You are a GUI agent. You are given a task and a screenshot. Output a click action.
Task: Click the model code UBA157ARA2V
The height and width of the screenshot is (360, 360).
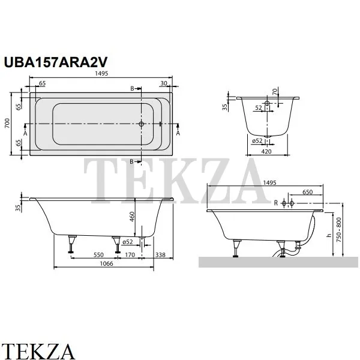[x=56, y=62]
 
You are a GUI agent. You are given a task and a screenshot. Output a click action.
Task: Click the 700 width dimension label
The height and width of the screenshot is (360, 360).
[x=8, y=123]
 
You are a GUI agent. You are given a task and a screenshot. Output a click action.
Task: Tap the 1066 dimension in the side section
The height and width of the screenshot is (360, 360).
[x=107, y=263]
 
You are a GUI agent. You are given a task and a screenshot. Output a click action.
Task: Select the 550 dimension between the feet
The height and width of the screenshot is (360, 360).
[x=98, y=255]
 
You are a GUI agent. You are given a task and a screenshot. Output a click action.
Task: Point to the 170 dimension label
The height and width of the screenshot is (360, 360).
[x=130, y=255]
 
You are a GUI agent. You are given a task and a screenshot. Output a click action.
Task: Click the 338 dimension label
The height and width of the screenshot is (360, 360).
[x=160, y=255]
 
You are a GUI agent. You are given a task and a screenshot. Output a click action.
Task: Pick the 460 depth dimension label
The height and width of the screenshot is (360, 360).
[x=132, y=217]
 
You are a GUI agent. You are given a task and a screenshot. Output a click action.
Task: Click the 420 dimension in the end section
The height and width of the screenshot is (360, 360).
[x=266, y=152]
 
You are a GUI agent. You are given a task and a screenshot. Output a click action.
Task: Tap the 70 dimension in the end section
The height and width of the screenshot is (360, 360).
[x=275, y=91]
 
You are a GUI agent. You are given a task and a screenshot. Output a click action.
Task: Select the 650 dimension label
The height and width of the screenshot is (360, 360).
[x=307, y=192]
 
